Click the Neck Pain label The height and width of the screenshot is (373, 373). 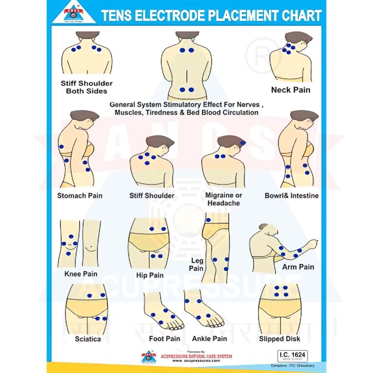290,90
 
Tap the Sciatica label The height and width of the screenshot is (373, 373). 88,339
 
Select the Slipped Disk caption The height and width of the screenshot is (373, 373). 279,339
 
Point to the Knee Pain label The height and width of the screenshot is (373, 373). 81,274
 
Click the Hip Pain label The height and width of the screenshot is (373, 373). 150,275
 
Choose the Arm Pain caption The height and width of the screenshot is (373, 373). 298,267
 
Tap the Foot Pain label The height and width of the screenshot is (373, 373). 165,339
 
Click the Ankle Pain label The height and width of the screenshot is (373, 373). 209,339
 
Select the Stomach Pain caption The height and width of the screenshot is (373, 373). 80,196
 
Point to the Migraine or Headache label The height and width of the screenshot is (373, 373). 223,199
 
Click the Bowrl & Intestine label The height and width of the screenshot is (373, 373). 291,196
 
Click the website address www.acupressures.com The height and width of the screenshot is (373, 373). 196,361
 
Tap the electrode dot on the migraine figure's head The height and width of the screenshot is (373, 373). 242,142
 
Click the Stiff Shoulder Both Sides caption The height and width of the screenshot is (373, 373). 86,87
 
